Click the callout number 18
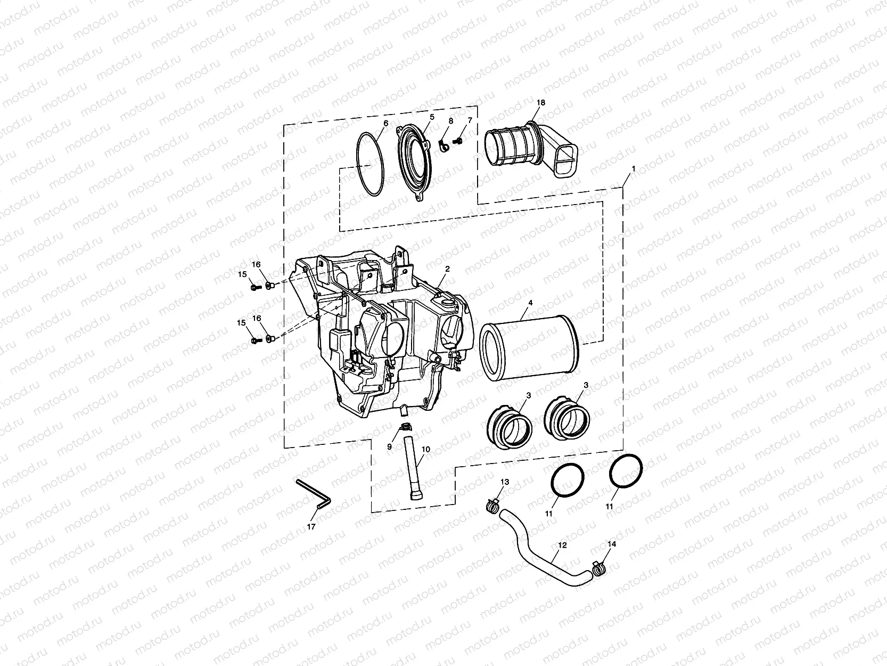tap(541, 102)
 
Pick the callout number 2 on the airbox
tap(447, 269)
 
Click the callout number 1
tap(633, 168)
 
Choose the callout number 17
tap(311, 526)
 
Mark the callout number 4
tap(530, 303)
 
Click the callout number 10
tap(425, 449)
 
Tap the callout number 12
tap(563, 545)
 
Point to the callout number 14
tap(612, 544)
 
